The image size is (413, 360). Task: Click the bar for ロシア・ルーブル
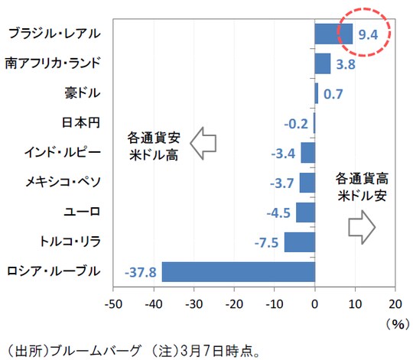(x=238, y=271)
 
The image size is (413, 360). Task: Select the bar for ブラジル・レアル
(x=333, y=34)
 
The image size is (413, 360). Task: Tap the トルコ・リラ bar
(x=299, y=242)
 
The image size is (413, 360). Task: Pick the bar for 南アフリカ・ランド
(x=322, y=63)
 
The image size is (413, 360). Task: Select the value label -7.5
(x=267, y=242)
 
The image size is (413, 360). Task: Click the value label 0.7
(x=333, y=93)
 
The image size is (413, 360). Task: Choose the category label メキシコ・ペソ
(x=56, y=182)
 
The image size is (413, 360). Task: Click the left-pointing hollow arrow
(x=204, y=143)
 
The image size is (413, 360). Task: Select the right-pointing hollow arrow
(x=361, y=225)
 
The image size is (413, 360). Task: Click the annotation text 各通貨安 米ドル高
(x=153, y=143)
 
